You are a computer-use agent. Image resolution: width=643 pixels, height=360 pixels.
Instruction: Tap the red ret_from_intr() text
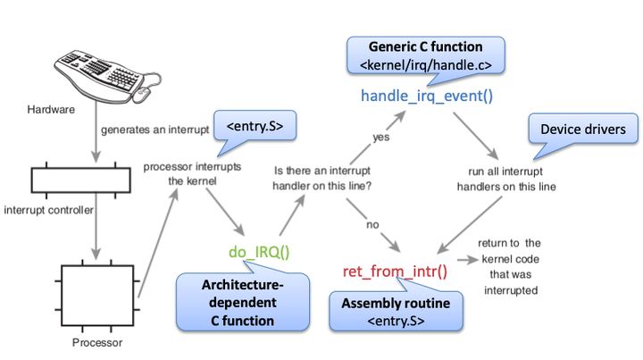coord(395,271)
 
